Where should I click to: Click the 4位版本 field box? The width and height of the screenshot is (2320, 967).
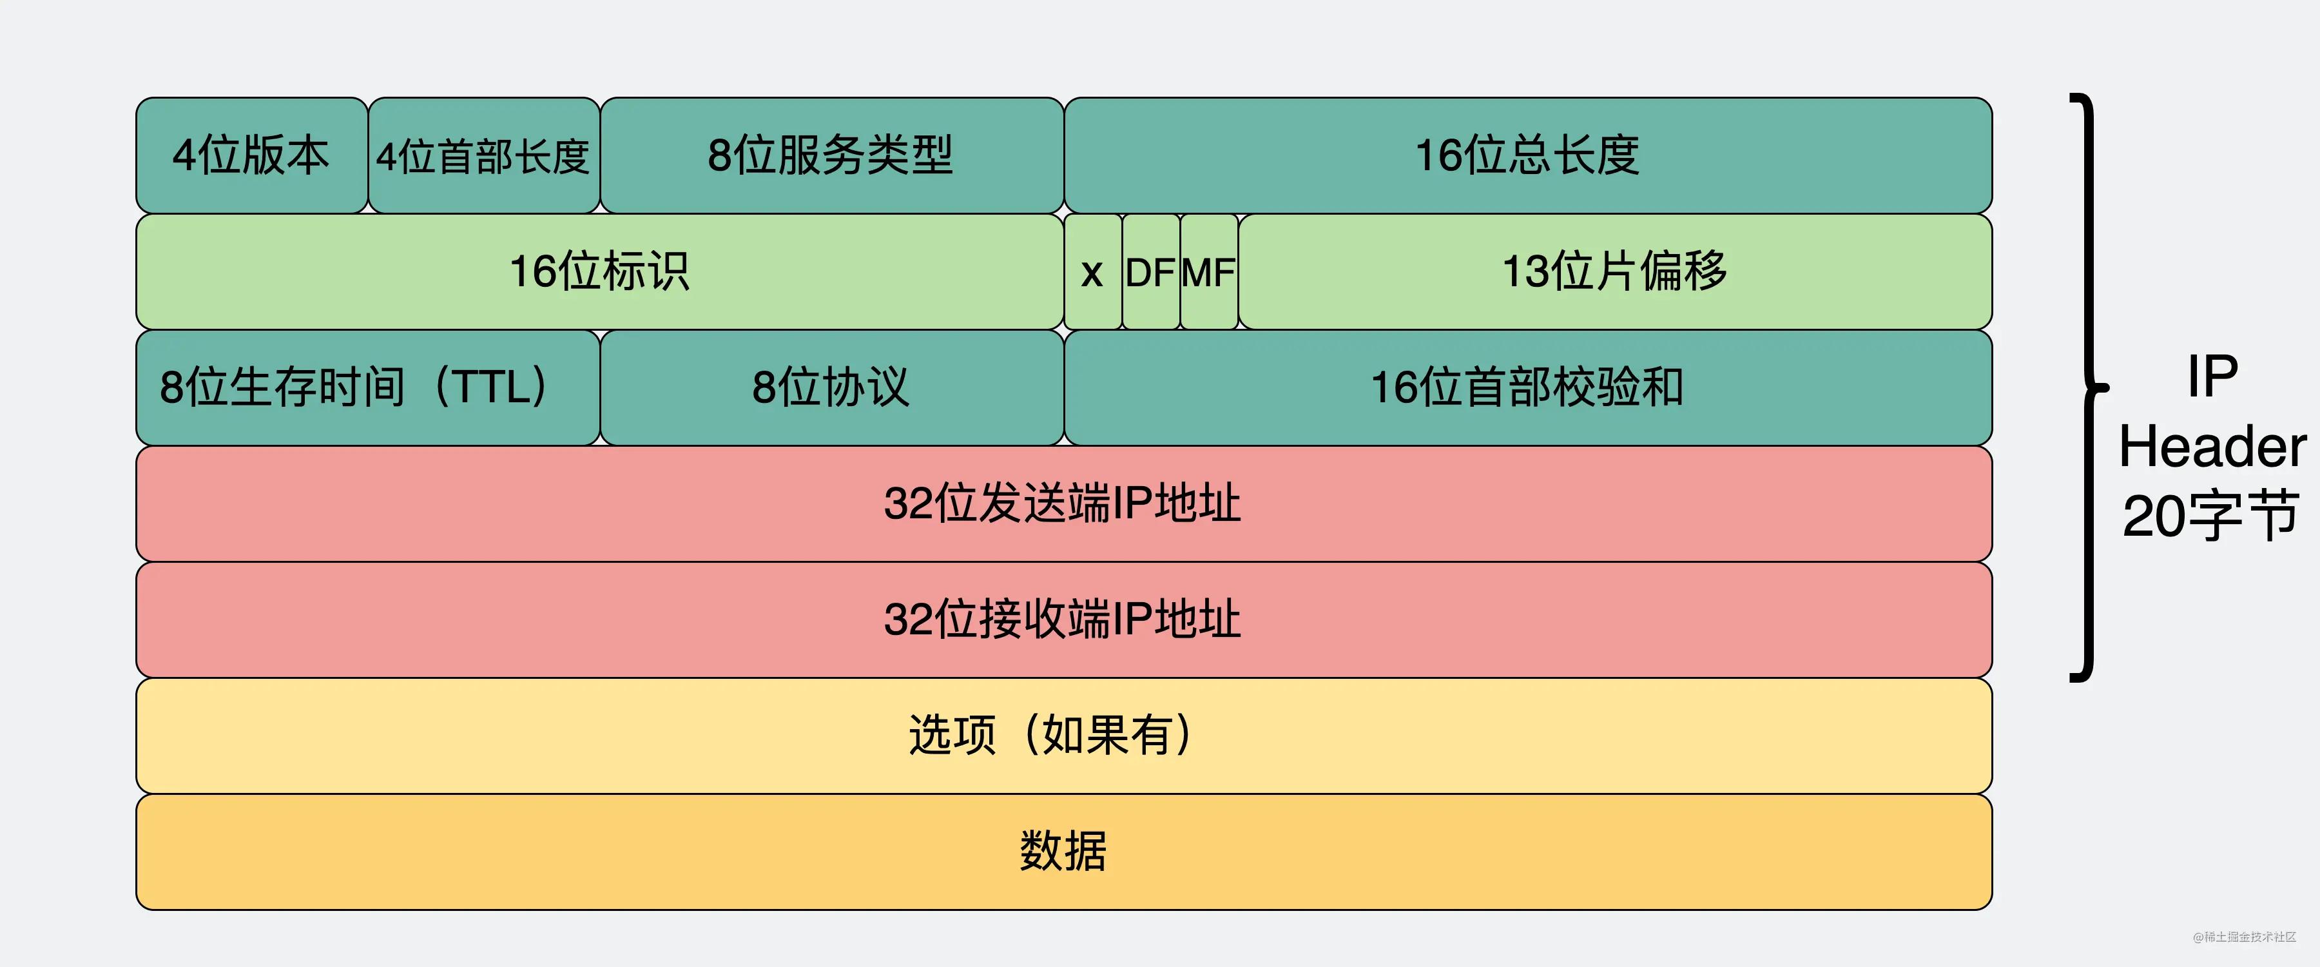pyautogui.click(x=251, y=155)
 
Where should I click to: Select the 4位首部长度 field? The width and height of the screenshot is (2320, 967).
pyautogui.click(x=483, y=155)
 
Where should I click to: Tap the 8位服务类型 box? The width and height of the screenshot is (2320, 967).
pyautogui.click(x=831, y=155)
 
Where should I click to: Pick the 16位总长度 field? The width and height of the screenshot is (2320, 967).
pyautogui.click(x=1527, y=155)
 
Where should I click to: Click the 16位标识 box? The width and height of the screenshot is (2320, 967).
pyautogui.click(x=600, y=271)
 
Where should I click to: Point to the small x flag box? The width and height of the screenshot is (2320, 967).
pyautogui.click(x=1092, y=271)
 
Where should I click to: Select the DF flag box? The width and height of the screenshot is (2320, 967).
pyautogui.click(x=1150, y=271)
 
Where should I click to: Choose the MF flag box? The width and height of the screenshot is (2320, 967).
pyautogui.click(x=1208, y=271)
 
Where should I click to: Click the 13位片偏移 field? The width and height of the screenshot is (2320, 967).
pyautogui.click(x=1615, y=271)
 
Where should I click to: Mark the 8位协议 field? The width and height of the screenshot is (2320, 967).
pyautogui.click(x=831, y=387)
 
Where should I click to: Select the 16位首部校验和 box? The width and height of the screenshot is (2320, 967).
pyautogui.click(x=1527, y=387)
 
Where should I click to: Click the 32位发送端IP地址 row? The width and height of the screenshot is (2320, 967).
pyautogui.click(x=1063, y=503)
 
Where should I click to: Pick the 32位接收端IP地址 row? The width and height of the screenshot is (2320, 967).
pyautogui.click(x=1063, y=619)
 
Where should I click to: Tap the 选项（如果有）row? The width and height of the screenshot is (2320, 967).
pyautogui.click(x=1063, y=736)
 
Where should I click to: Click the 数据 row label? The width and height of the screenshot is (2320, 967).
pyautogui.click(x=1063, y=851)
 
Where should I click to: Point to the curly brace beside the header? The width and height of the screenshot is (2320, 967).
pyautogui.click(x=2087, y=387)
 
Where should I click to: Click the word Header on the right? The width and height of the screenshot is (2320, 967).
pyautogui.click(x=2212, y=447)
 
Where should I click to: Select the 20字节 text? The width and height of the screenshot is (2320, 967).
pyautogui.click(x=2212, y=516)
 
